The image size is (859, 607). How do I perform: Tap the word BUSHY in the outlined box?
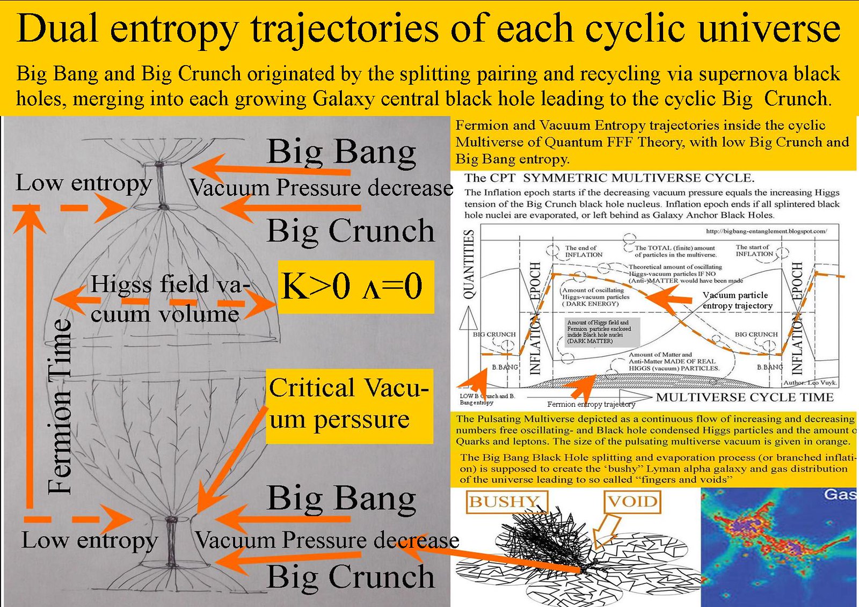[x=504, y=502]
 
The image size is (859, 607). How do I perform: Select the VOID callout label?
[x=632, y=502]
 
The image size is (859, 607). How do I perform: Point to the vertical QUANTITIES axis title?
[x=469, y=264]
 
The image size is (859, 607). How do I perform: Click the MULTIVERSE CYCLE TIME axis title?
[x=745, y=397]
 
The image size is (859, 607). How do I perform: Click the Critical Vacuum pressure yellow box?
[x=349, y=405]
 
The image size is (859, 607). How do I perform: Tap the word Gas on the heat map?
[x=840, y=494]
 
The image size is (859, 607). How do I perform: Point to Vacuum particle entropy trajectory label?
[x=737, y=300]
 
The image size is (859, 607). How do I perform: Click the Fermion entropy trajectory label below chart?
[x=591, y=404]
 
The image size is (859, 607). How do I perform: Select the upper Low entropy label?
[x=83, y=183]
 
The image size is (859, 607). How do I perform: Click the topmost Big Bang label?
[x=341, y=152]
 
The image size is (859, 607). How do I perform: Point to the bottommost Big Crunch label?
[x=351, y=577]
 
